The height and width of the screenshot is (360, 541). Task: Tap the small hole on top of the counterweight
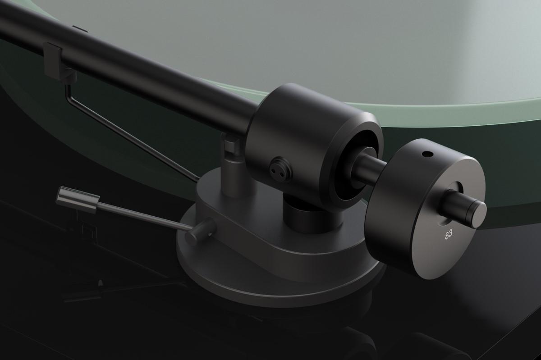(x=427, y=155)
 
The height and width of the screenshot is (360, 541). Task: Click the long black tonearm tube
(x=135, y=59)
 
